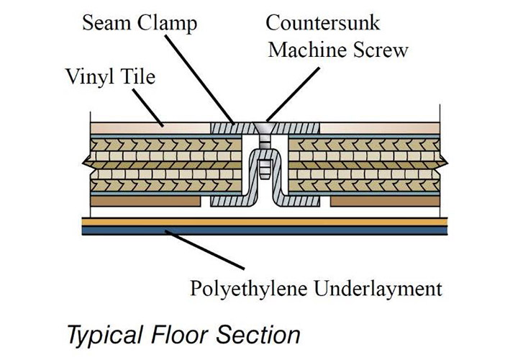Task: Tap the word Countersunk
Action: coord(322,22)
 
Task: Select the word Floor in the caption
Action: coord(188,333)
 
